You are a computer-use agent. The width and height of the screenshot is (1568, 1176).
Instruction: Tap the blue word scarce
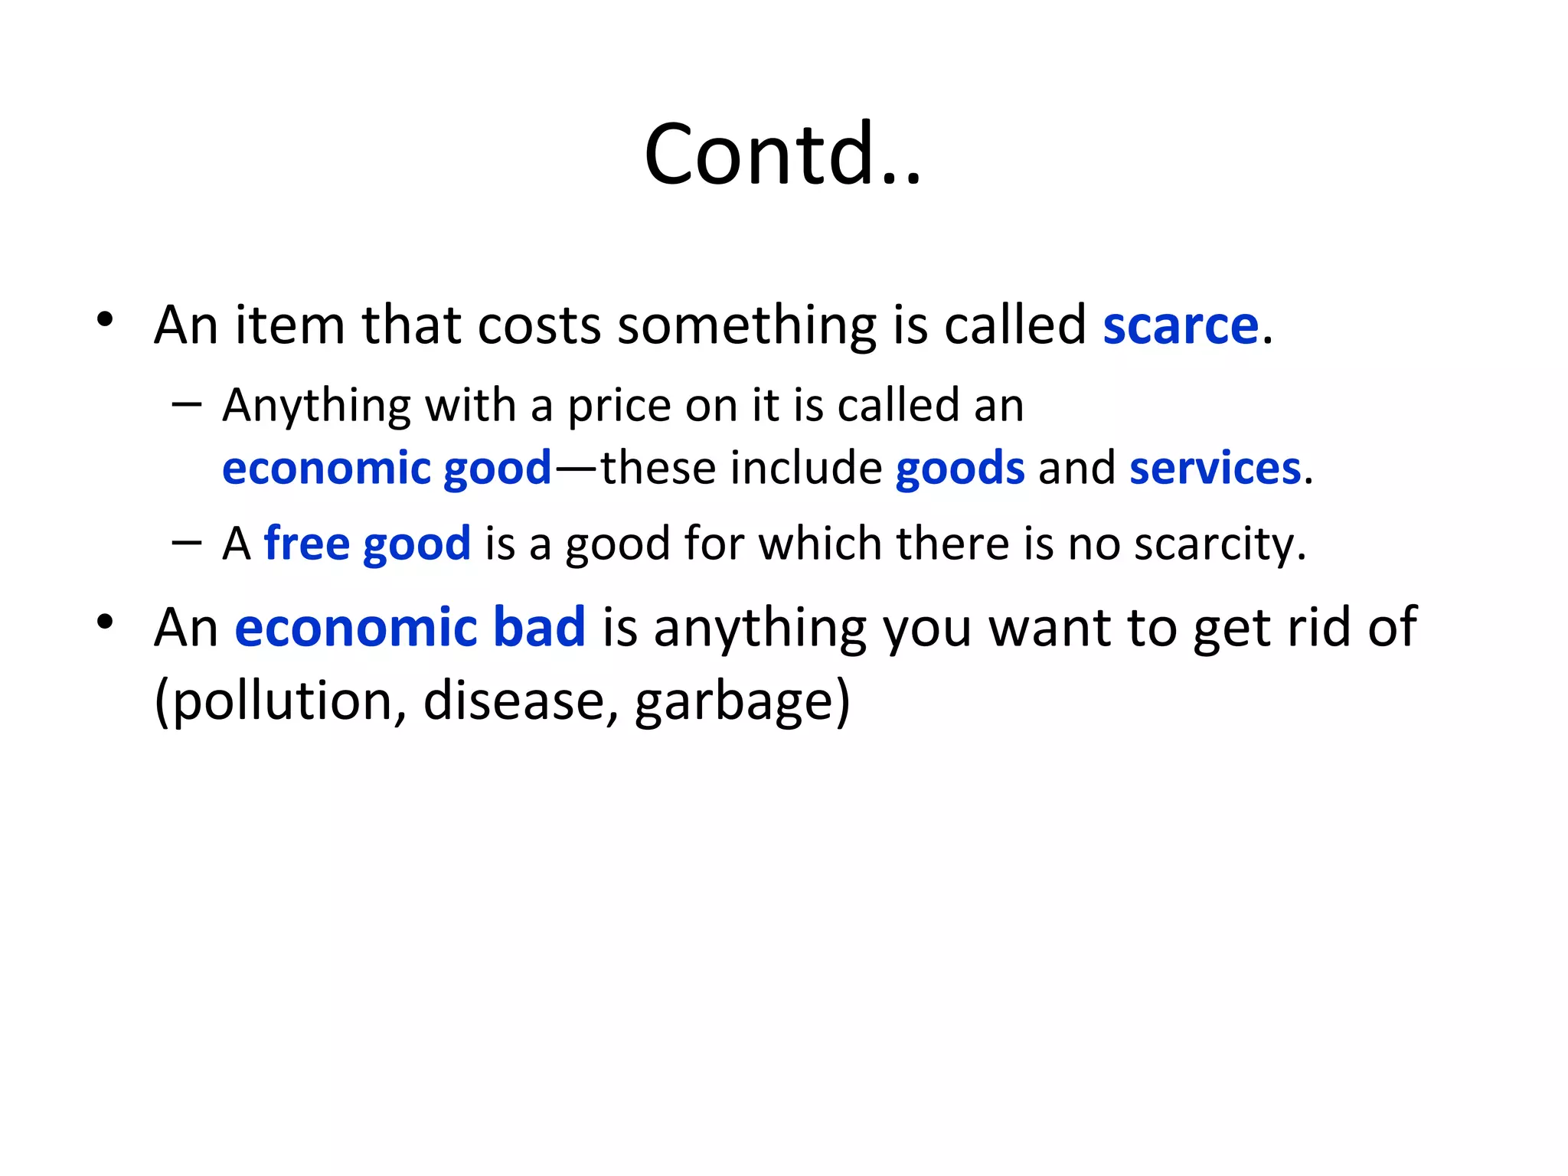coord(1181,325)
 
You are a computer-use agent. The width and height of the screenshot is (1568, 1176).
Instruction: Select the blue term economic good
coord(387,469)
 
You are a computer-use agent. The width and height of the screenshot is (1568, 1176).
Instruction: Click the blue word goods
coord(960,469)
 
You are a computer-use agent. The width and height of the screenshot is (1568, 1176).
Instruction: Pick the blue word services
coord(1215,469)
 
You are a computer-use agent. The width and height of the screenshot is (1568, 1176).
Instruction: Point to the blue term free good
coord(367,544)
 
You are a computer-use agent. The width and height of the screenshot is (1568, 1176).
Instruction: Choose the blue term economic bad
coord(410,627)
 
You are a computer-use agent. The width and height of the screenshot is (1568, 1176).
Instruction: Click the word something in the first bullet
coord(747,325)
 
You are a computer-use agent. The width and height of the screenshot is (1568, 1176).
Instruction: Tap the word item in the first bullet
coord(290,325)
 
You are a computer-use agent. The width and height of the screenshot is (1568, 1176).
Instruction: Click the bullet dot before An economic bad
coord(106,622)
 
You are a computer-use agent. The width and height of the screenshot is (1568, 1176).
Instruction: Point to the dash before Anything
coord(187,403)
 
